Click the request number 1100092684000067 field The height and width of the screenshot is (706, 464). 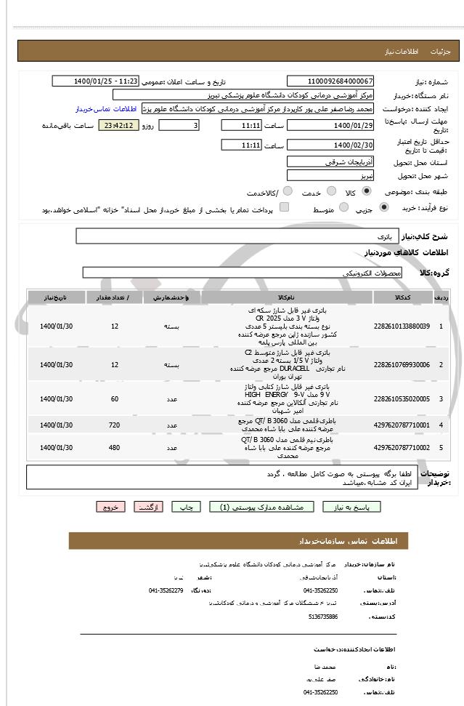click(x=330, y=81)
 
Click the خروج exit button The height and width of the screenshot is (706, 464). click(x=110, y=507)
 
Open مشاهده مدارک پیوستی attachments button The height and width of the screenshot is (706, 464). click(x=261, y=507)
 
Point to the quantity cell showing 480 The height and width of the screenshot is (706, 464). click(x=114, y=448)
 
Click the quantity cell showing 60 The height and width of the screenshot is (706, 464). click(x=114, y=399)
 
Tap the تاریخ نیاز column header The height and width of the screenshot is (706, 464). click(x=56, y=297)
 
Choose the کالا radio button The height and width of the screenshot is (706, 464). click(x=366, y=192)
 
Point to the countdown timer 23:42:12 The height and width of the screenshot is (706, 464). click(x=118, y=125)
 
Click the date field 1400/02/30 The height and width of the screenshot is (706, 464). click(x=330, y=145)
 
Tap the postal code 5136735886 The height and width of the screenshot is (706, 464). click(x=322, y=616)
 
